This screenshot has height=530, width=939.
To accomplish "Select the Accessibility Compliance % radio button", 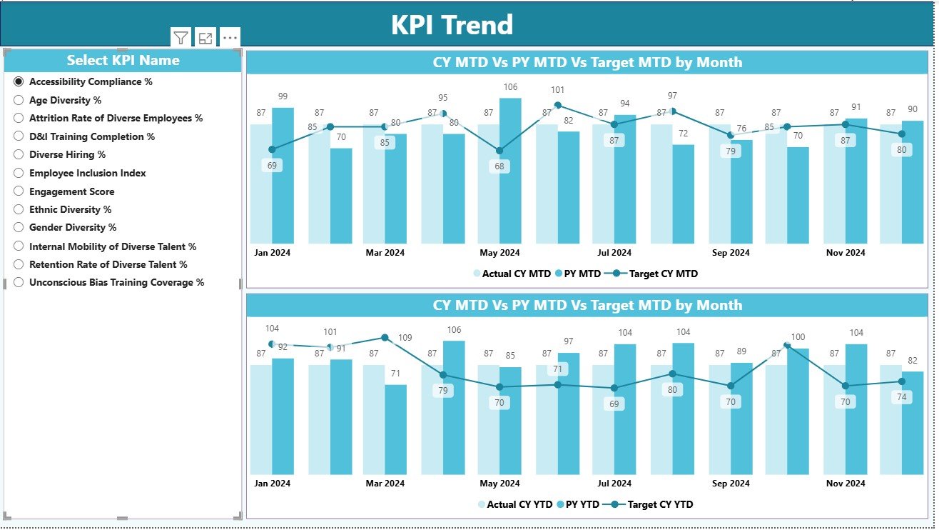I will (19, 82).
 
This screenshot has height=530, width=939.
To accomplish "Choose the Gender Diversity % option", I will (19, 228).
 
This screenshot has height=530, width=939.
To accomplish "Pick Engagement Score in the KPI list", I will (19, 191).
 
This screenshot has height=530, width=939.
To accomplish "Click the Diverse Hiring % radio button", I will (19, 155).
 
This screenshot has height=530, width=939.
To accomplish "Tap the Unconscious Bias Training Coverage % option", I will (19, 283).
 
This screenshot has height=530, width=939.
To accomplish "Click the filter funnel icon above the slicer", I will (181, 38).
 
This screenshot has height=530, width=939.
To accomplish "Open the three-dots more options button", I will (230, 38).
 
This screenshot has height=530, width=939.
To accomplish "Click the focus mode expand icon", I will (205, 38).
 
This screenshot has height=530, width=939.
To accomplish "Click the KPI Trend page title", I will (452, 25).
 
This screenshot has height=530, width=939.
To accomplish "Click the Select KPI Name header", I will (123, 61).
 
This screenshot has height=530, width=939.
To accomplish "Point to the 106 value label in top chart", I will (509, 87).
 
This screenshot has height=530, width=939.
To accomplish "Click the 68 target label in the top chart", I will (499, 166).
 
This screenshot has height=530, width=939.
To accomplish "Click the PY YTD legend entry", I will (582, 504).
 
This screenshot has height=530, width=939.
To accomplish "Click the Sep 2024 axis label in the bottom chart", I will (731, 484).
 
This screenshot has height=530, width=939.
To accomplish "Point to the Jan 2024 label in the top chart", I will (272, 253).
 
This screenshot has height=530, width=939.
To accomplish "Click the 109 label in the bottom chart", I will (405, 338).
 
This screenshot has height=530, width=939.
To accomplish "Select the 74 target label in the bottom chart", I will (902, 397).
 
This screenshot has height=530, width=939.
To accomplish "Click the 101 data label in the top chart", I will (557, 90).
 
